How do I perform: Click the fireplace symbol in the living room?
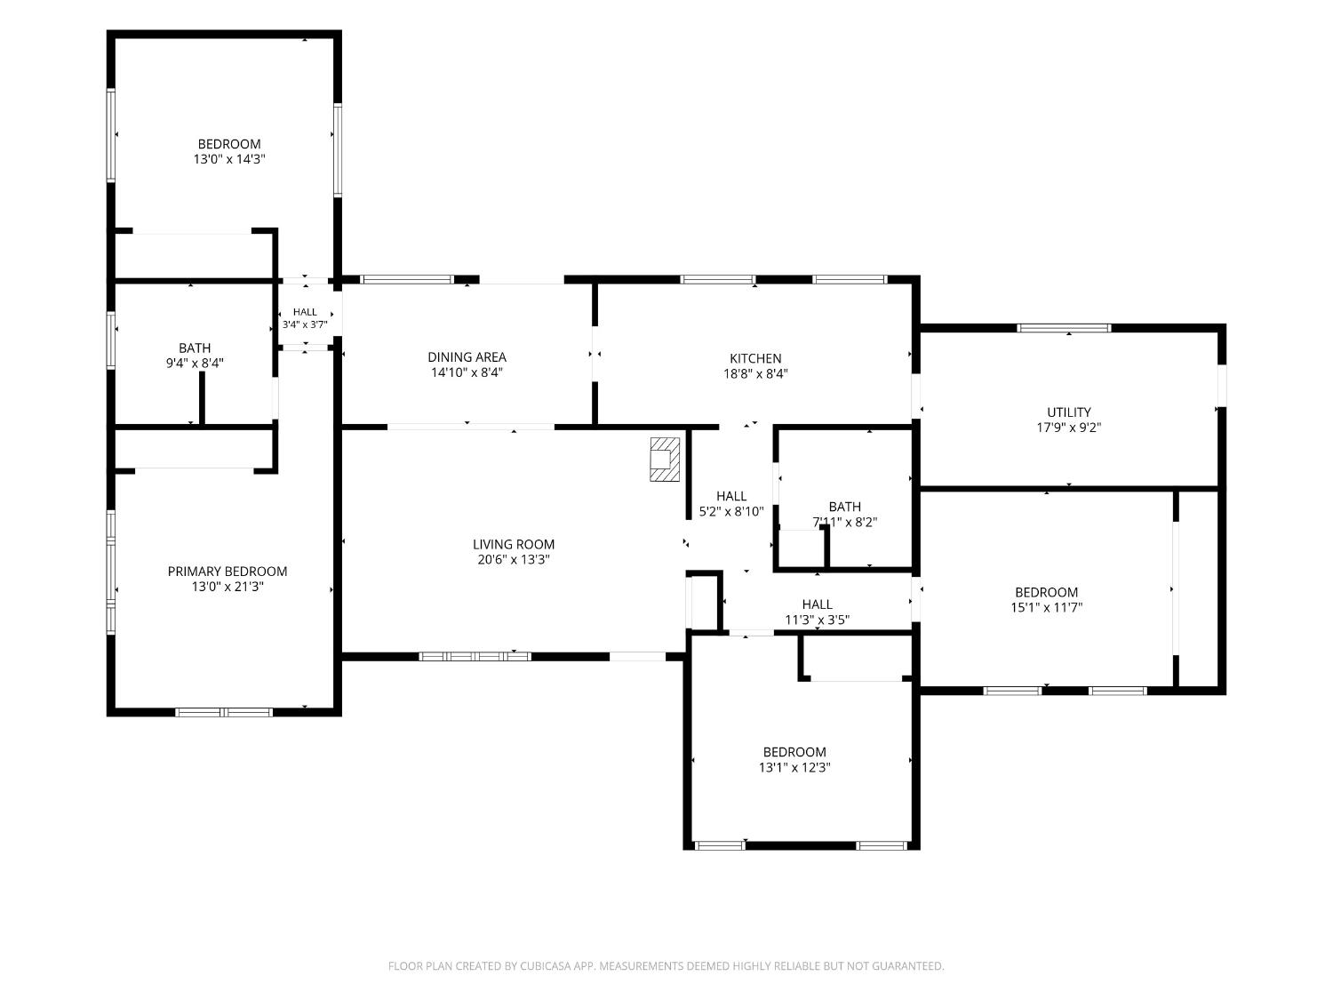[x=665, y=460]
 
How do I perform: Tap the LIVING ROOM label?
[x=514, y=545]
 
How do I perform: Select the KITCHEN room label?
[x=755, y=358]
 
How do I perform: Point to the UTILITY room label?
[x=1069, y=412]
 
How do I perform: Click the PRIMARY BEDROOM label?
[x=227, y=572]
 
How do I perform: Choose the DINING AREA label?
[x=467, y=357]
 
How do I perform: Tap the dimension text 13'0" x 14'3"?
[x=229, y=159]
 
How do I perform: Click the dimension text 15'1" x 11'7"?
[x=1046, y=607]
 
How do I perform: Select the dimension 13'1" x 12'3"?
[x=794, y=767]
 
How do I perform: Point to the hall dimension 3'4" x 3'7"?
[x=305, y=324]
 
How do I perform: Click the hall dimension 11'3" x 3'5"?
[x=817, y=620]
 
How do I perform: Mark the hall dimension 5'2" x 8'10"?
[x=731, y=511]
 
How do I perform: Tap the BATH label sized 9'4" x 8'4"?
[x=195, y=348]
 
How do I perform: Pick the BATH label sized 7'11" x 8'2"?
[x=845, y=507]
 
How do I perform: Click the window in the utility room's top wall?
[x=1064, y=328]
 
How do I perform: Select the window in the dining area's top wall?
[x=407, y=279]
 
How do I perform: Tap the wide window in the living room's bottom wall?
[x=475, y=656]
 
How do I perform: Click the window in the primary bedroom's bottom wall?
[x=224, y=712]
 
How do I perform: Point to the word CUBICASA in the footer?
[x=546, y=965]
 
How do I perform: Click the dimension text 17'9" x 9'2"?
[x=1069, y=428]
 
